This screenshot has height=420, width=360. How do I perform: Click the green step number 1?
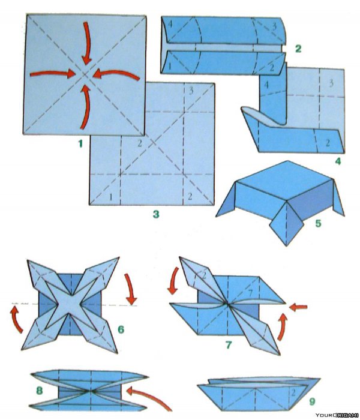80,144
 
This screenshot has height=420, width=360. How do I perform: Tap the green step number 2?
298,49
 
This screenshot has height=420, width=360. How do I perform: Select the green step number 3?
156,214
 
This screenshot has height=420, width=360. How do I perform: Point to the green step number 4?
338,161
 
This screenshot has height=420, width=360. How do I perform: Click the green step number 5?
318,223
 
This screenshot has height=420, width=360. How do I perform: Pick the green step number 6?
121,329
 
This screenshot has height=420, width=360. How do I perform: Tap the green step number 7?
228,345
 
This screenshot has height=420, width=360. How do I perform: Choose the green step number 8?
40,391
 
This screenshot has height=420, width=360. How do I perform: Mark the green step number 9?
312,401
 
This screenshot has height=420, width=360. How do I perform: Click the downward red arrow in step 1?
87,43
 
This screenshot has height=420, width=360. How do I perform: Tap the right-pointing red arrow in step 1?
52,73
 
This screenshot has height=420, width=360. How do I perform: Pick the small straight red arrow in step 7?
299,307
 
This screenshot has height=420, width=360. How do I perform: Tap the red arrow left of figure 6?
17,319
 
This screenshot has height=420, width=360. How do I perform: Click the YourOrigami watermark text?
337,415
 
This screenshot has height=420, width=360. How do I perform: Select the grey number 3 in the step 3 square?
191,91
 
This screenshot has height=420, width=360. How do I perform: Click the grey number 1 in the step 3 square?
111,197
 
